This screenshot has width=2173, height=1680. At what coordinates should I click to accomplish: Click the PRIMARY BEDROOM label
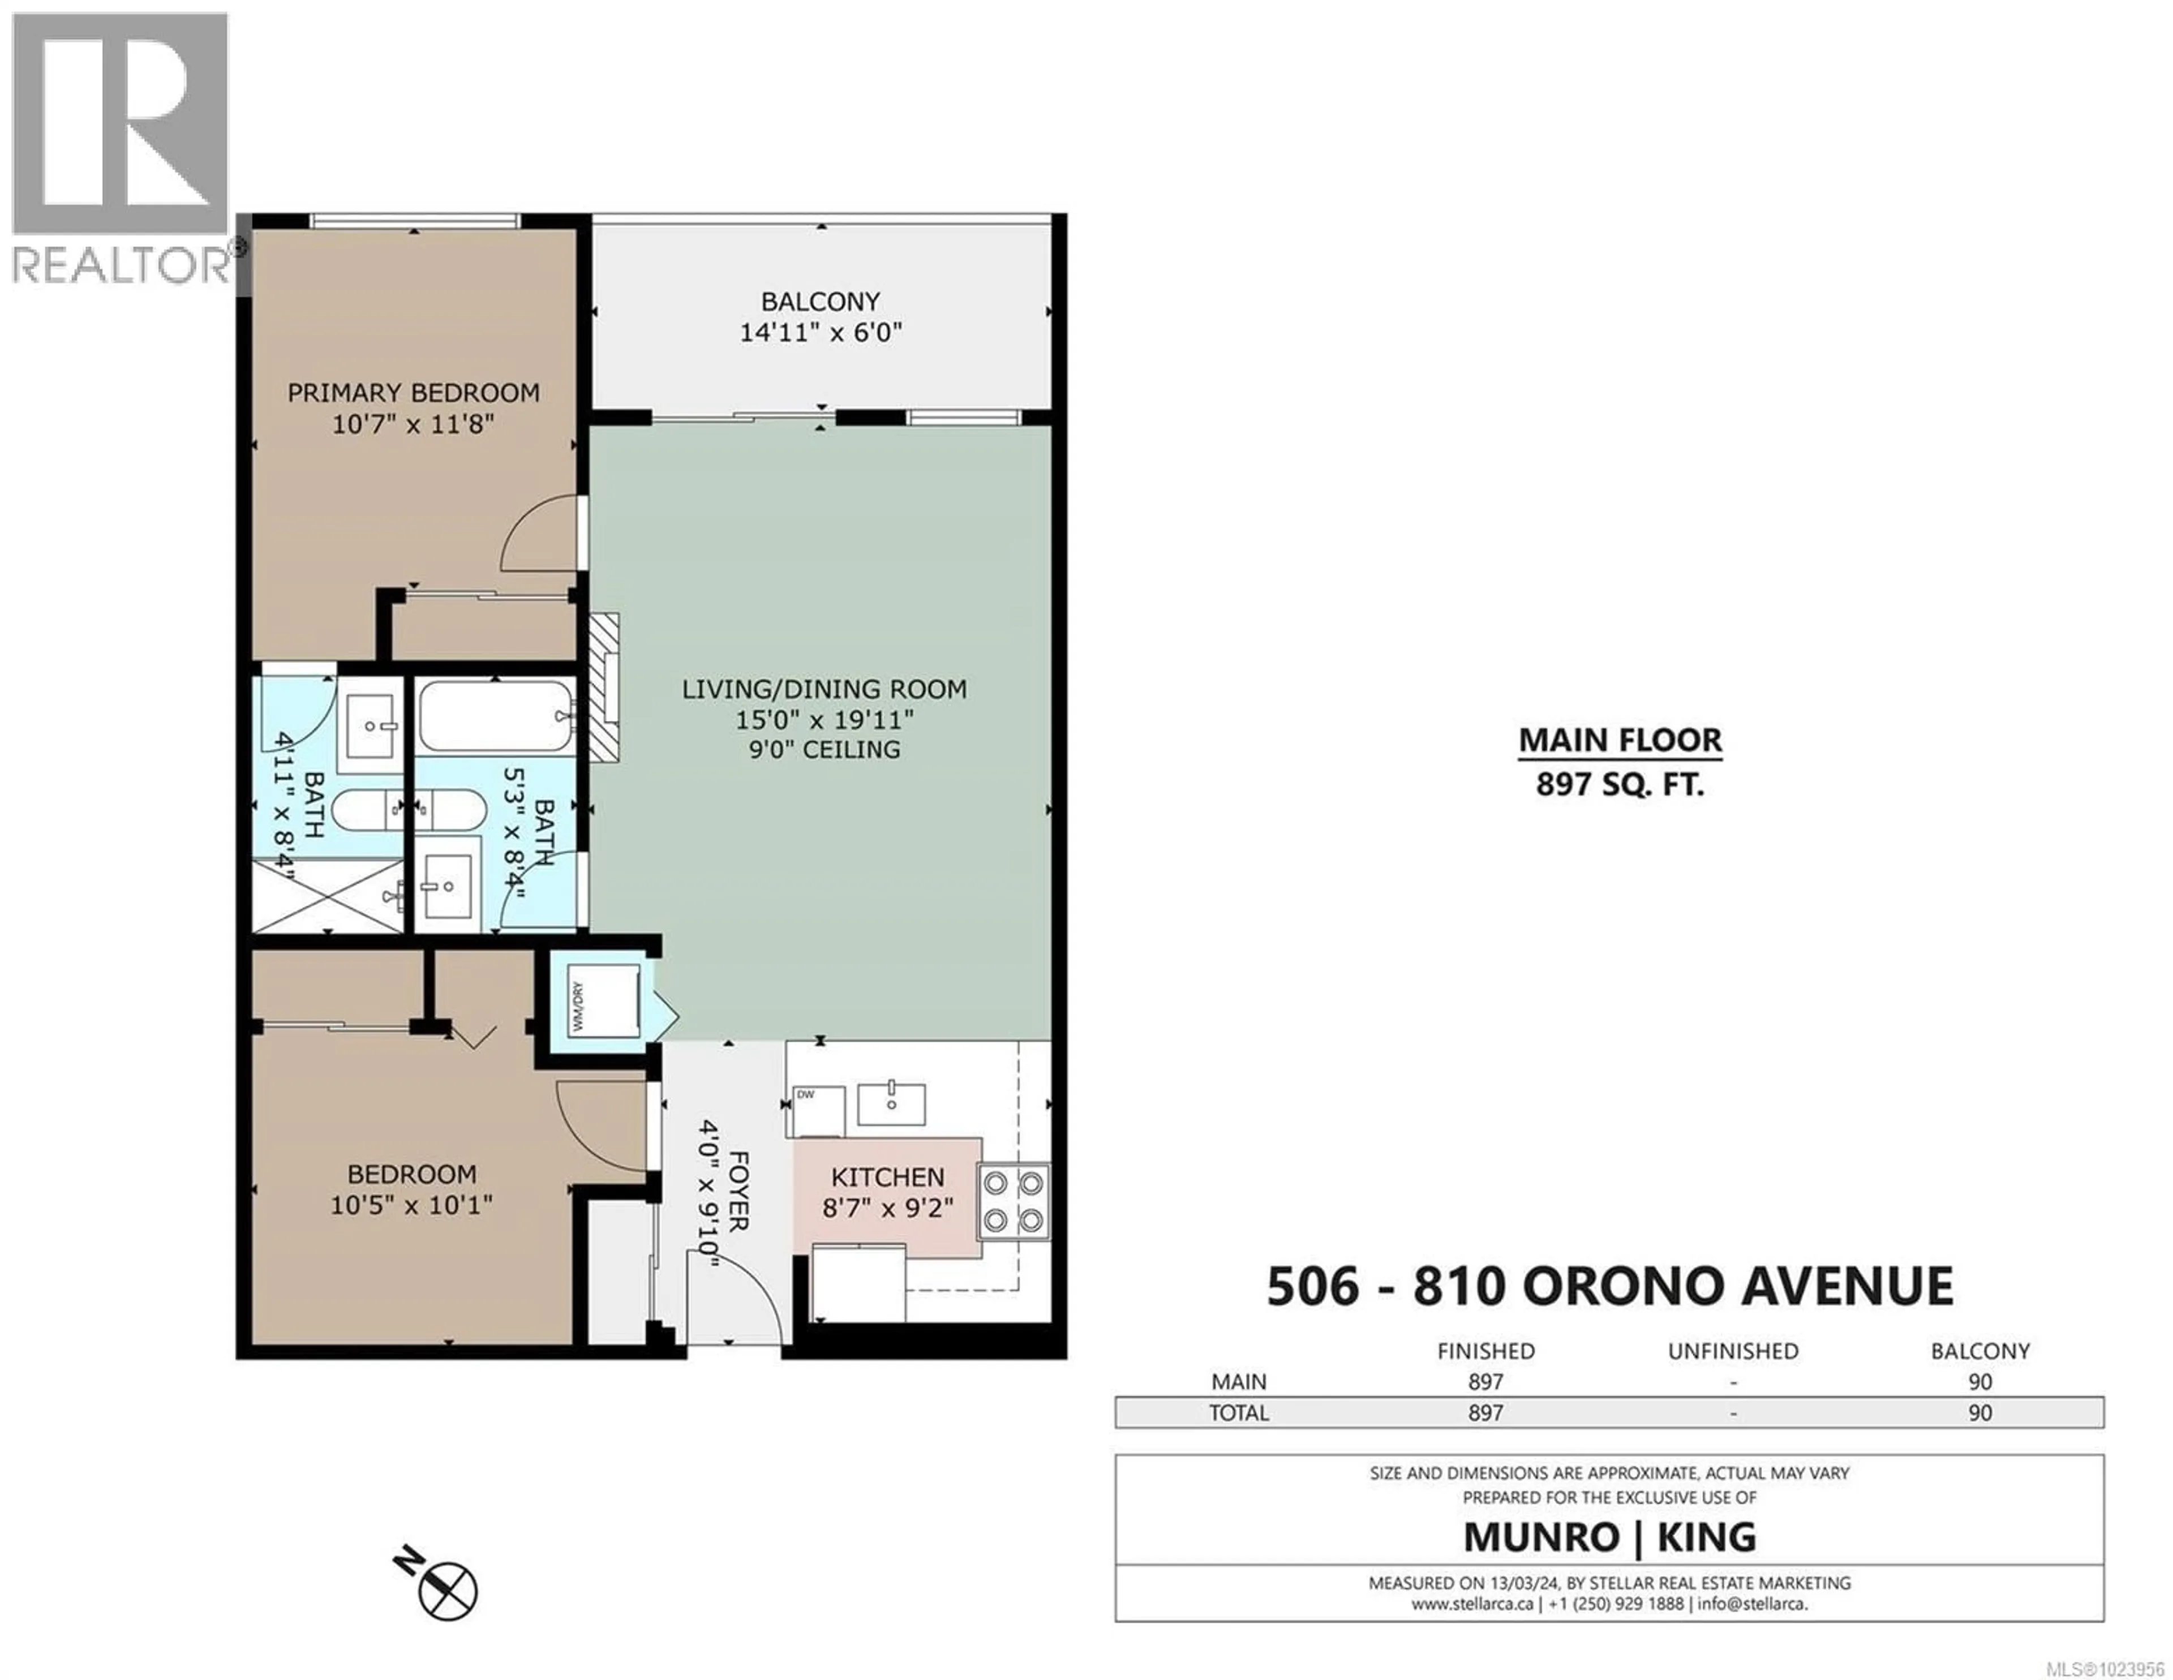[413, 392]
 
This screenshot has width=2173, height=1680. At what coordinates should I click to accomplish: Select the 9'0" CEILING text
[824, 749]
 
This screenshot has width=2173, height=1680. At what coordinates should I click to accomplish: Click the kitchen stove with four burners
[1014, 1201]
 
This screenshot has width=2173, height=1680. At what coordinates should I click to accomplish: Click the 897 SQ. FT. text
[1620, 785]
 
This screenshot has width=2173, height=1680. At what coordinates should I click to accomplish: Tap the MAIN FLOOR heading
[1620, 740]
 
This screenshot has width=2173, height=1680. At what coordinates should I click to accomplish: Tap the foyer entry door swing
[751, 1293]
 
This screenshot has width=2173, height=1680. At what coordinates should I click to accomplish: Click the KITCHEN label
[887, 1178]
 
